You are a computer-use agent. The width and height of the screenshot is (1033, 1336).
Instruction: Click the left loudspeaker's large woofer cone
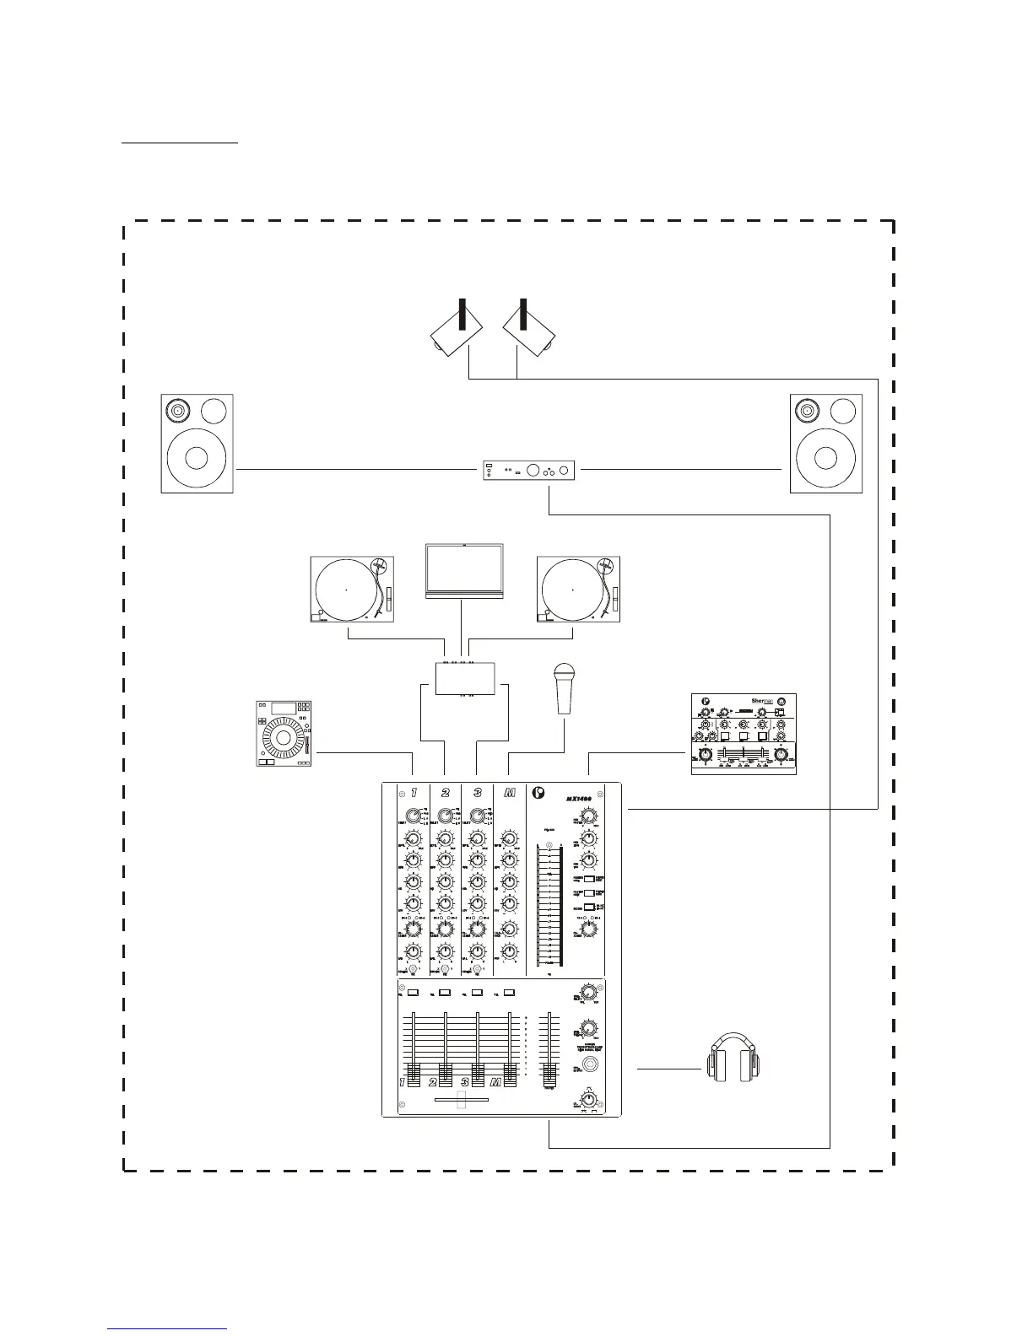197,458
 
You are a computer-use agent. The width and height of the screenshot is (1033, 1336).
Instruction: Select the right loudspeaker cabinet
825,444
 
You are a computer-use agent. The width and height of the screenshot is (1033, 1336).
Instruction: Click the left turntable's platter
346,589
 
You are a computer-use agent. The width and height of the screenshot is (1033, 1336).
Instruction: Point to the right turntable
579,589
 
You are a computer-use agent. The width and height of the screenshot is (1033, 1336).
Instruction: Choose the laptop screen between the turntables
463,570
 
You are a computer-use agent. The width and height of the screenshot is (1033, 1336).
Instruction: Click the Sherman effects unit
744,734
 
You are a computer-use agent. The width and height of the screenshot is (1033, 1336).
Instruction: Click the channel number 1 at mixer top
414,793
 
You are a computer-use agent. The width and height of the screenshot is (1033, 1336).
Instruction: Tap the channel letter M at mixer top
509,793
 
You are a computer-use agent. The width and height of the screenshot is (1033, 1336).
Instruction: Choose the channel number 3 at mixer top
477,793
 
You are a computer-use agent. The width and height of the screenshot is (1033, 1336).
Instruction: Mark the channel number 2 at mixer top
445,793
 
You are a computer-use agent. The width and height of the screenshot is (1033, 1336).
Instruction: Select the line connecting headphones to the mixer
668,1069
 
